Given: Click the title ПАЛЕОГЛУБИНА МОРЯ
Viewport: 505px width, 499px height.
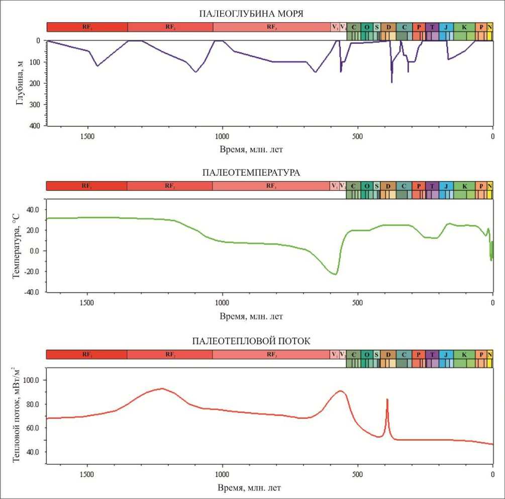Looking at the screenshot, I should click(251, 13).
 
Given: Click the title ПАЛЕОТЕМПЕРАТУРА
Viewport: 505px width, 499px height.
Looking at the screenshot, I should click(251, 173).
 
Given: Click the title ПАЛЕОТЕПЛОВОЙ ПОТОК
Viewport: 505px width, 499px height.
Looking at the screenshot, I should click(251, 341).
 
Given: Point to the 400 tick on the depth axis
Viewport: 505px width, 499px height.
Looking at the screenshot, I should click(37, 126).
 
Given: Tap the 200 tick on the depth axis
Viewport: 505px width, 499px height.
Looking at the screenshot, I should click(37, 83).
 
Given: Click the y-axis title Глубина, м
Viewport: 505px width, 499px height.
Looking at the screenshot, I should click(20, 83).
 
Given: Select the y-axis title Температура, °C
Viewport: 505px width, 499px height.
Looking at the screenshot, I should click(16, 251).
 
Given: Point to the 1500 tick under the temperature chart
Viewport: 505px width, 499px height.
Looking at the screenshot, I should click(87, 303).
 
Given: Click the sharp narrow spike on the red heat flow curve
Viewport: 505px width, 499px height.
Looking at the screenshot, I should click(387, 399).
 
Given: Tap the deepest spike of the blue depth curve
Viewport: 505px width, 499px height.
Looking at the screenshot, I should click(392, 82).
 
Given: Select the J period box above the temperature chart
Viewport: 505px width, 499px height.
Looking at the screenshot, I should click(446, 186).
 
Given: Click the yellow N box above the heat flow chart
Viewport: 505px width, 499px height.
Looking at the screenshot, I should click(490, 355).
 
